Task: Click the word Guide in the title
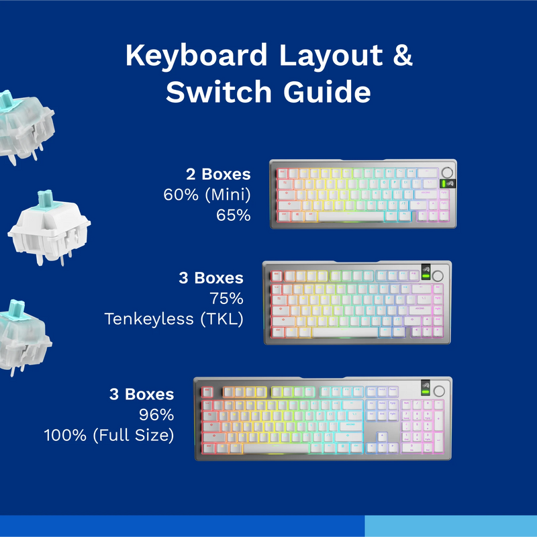[x=326, y=93]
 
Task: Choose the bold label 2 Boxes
[x=218, y=175]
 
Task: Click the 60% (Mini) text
[x=207, y=195]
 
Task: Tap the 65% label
[x=233, y=215]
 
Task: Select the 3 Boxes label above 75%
[x=211, y=278]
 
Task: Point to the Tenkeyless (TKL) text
[x=174, y=319]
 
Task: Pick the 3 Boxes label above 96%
[x=142, y=395]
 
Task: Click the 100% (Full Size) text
[x=109, y=435]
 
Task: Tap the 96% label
[x=156, y=415]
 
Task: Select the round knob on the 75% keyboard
[x=440, y=275]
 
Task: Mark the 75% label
[x=226, y=298]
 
